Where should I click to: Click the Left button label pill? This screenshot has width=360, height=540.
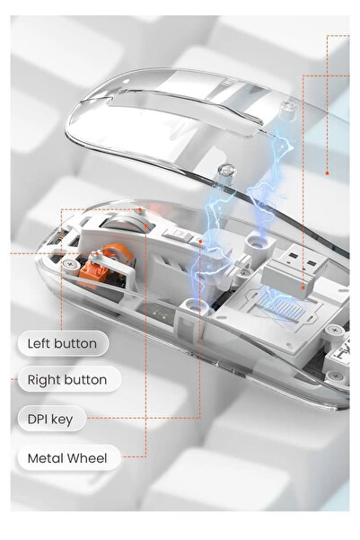[x=63, y=343]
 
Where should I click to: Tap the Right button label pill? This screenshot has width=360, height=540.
[x=69, y=379]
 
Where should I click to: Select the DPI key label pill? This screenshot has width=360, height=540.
[x=52, y=419]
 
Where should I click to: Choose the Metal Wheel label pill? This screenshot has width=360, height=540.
[x=69, y=458]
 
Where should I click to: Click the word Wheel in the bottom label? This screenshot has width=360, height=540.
[x=87, y=458]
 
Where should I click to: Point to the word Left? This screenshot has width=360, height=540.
[x=39, y=344]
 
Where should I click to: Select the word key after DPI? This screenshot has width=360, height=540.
[x=62, y=420]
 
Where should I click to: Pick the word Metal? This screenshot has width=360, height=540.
[x=46, y=458]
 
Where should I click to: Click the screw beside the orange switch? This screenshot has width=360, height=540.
[x=70, y=265]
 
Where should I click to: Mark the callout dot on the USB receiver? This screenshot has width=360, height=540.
[x=303, y=288]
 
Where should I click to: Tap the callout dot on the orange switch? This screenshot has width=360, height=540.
[x=97, y=253]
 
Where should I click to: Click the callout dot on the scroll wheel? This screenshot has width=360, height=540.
[x=146, y=226]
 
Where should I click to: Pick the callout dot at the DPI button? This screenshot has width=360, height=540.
[x=200, y=242]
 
